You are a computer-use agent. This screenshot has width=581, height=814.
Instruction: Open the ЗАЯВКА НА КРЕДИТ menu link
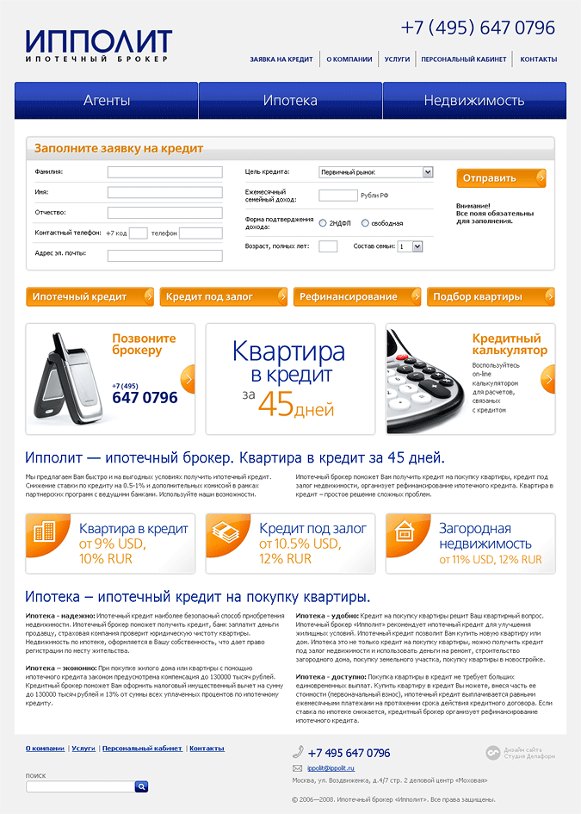pos(281,59)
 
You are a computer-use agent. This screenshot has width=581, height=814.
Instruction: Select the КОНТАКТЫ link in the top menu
pos(538,59)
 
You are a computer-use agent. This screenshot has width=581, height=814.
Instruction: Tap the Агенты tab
pos(107,101)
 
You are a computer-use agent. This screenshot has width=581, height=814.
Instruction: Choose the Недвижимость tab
pos(473,101)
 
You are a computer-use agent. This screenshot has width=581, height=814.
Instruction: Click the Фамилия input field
pos(164,172)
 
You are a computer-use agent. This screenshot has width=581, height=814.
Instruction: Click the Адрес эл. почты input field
pos(164,255)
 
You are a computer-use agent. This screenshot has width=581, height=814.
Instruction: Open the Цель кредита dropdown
pos(375,172)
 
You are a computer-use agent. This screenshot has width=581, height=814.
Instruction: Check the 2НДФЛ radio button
pos(323,223)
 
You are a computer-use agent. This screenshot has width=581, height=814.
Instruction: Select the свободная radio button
pos(365,223)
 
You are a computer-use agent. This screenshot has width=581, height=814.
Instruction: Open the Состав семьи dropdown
pos(411,246)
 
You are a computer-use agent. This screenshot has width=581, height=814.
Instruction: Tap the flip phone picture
pos(68,380)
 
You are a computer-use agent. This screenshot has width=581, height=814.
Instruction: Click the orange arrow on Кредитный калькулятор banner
pos(547,379)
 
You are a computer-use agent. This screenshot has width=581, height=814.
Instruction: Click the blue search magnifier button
pos(142,786)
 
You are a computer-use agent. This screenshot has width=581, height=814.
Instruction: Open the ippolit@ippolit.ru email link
pos(331,767)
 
